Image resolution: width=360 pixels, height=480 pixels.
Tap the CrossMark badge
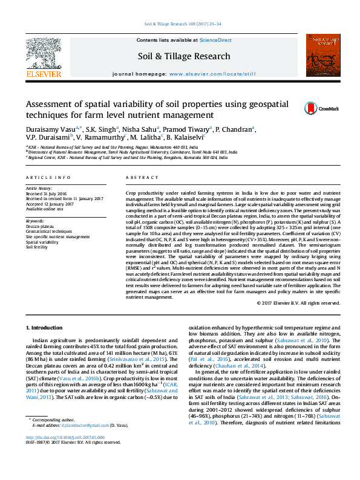(x=313, y=108)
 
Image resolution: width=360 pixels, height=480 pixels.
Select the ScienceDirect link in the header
(x=216, y=40)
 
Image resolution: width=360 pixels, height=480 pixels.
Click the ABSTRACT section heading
(x=139, y=177)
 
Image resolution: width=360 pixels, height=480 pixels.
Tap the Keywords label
(x=34, y=221)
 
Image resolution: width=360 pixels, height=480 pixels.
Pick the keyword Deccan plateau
(x=39, y=227)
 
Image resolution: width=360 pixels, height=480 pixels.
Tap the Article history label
(x=39, y=189)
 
